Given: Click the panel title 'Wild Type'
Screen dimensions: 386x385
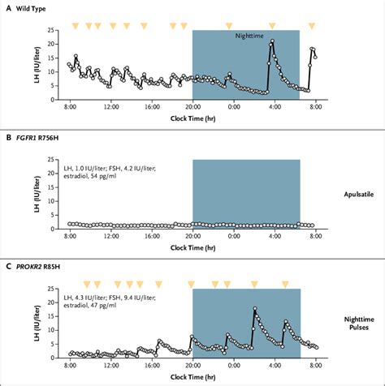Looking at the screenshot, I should (30, 7).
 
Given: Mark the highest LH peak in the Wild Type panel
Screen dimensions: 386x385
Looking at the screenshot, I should (272, 41).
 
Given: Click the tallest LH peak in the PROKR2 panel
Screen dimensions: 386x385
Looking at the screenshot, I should (255, 309).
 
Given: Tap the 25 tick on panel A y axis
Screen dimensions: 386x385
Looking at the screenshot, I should (53, 31).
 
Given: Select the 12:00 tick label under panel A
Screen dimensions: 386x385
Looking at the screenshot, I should (110, 106).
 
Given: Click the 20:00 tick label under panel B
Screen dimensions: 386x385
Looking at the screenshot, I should (192, 236).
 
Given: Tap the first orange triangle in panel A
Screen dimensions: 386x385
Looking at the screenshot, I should (76, 25).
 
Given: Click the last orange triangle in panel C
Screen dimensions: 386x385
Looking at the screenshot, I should (285, 285).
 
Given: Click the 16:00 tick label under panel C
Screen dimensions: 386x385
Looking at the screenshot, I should (152, 366).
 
